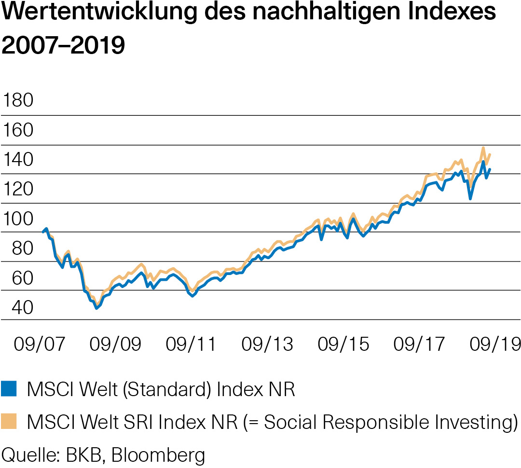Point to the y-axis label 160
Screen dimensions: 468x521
(18, 130)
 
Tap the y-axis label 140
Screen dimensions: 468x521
(18, 160)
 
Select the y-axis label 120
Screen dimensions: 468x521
(18, 189)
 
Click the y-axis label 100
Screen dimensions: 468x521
(18, 219)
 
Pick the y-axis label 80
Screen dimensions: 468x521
(18, 248)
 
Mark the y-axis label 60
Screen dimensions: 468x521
(18, 278)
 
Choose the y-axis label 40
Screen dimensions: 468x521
(18, 307)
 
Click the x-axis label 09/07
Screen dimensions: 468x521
(40, 344)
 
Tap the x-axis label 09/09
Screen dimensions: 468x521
(115, 344)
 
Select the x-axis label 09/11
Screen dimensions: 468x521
(191, 344)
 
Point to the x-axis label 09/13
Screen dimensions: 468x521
(267, 344)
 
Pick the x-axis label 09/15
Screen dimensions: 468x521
(343, 344)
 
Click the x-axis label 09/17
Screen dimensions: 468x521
(419, 344)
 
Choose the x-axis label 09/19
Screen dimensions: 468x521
(495, 344)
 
